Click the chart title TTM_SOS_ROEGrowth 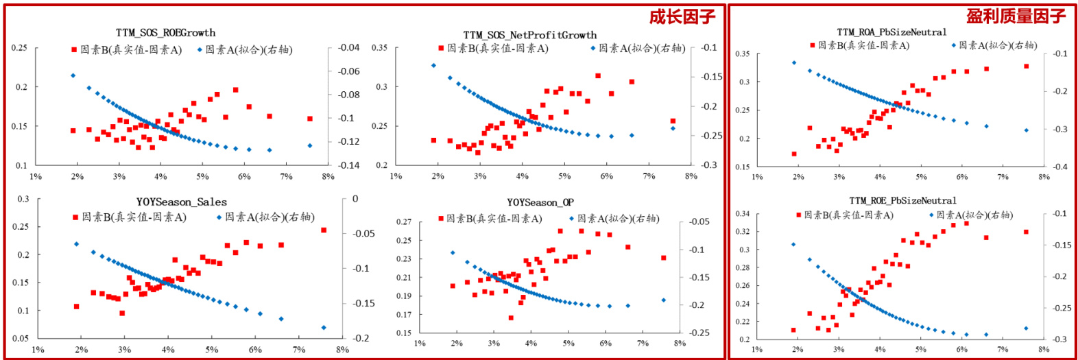165,33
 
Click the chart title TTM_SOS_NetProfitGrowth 529,35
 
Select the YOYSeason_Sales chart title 181,202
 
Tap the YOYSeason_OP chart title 540,203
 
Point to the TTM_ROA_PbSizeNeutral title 891,32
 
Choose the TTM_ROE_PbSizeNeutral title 902,201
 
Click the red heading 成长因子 682,16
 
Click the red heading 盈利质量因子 1016,16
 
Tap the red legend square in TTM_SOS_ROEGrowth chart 74,50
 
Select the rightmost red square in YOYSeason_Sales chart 324,230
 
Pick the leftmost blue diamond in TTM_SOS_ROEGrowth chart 73,75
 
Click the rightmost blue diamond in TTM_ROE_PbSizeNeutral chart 1027,328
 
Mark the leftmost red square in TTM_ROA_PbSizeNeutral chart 794,154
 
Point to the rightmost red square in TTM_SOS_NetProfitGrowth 673,121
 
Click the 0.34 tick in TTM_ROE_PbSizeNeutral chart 743,214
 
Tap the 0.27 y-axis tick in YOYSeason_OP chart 404,222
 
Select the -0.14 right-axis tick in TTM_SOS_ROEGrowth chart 348,165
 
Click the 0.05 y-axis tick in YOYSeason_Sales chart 21,339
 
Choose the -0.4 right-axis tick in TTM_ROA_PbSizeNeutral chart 1059,167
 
